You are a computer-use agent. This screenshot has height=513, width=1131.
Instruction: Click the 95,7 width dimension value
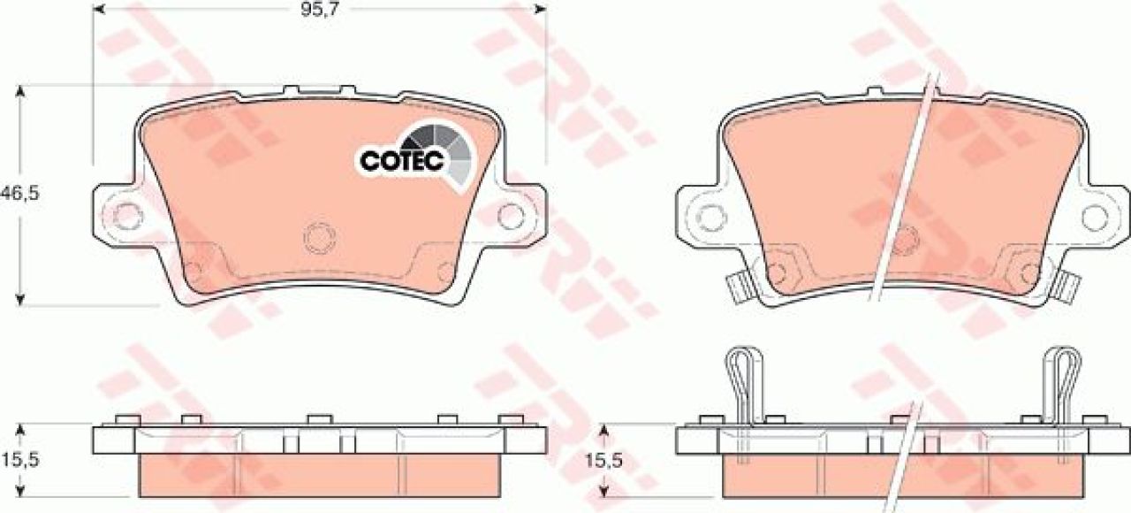[319, 10]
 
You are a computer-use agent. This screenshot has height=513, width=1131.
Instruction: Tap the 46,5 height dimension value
[19, 193]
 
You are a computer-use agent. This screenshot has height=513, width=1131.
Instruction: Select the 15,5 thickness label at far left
[20, 460]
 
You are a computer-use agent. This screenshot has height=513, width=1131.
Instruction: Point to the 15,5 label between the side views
[603, 460]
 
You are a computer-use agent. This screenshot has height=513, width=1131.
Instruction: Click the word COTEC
[402, 161]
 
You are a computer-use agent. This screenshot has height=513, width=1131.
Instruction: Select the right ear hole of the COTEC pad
[511, 216]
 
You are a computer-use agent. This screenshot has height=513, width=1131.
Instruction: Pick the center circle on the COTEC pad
[319, 238]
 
